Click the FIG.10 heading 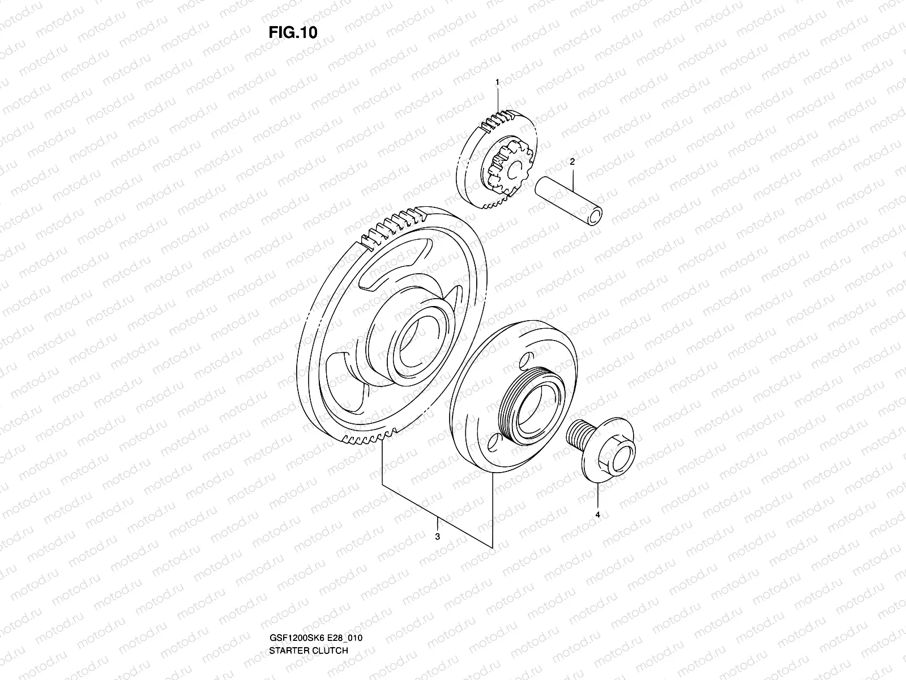coord(293,32)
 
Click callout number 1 coord(497,83)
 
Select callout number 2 coord(572,161)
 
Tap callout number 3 coord(437,537)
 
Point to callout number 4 coord(597,515)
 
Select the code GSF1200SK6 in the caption coord(293,606)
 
